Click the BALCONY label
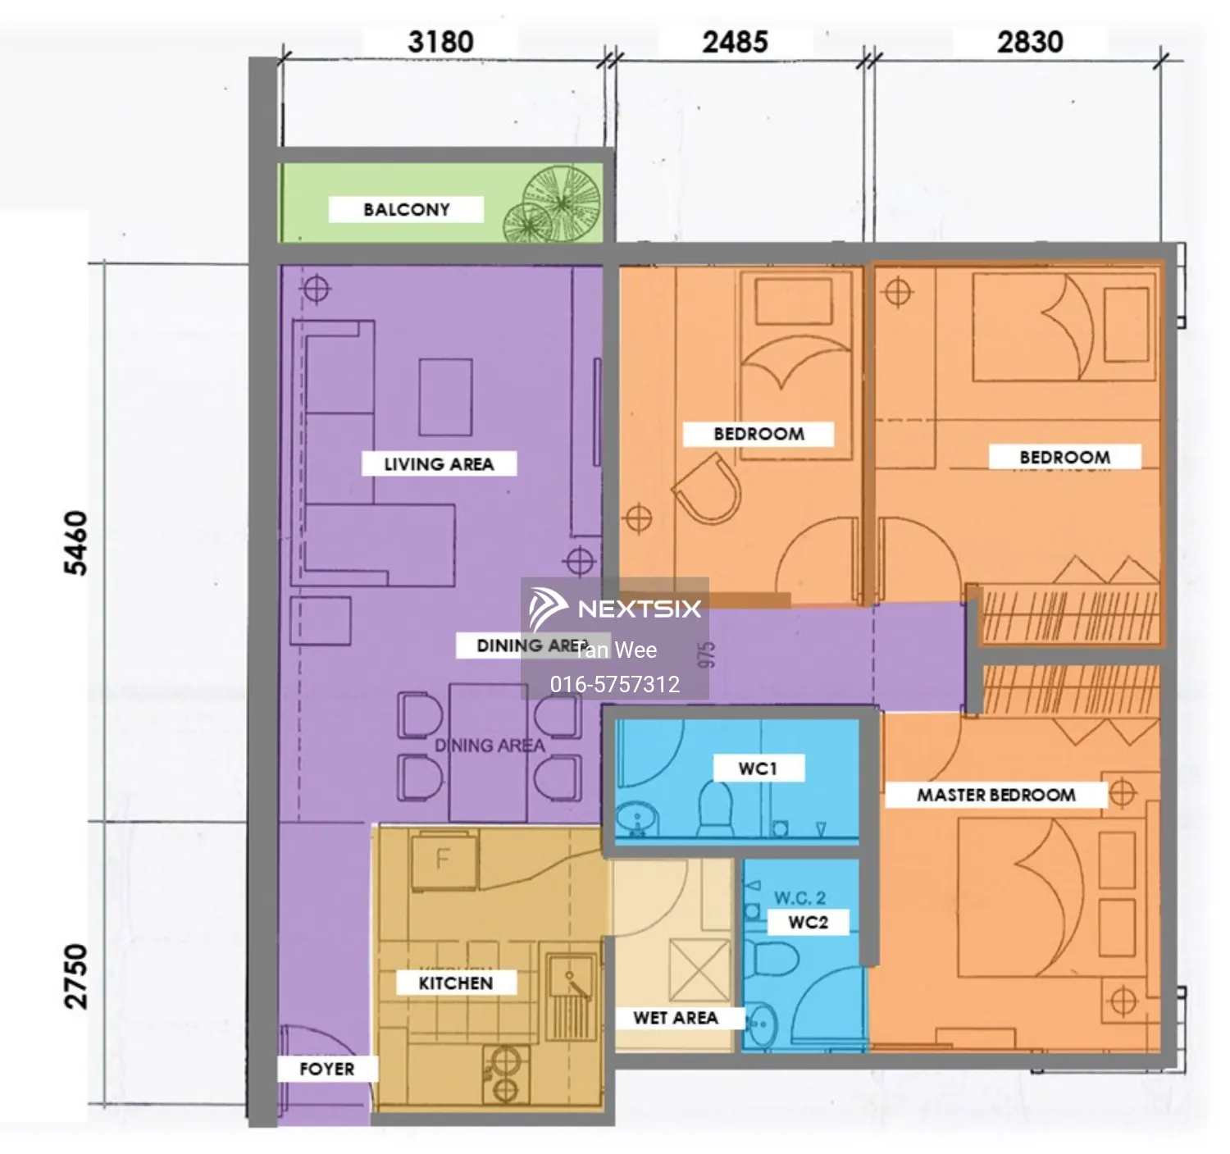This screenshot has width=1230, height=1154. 406,210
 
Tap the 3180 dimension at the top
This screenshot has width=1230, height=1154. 440,42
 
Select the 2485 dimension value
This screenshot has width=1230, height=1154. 735,42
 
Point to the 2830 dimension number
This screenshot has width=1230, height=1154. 1030,42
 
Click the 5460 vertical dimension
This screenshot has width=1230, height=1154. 75,543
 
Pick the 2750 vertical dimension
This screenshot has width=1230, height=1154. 75,975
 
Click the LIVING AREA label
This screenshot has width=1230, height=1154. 439,464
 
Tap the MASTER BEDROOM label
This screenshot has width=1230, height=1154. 995,795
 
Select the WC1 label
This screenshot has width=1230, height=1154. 757,769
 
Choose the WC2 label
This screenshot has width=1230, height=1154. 808,922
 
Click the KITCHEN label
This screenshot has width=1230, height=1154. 455,983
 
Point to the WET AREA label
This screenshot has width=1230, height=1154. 675,1018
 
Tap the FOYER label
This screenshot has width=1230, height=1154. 326,1069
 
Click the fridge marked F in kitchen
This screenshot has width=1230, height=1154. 444,860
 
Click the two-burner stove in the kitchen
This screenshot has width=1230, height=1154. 505,1074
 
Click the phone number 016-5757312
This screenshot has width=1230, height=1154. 614,684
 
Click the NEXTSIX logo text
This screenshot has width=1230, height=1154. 639,609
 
